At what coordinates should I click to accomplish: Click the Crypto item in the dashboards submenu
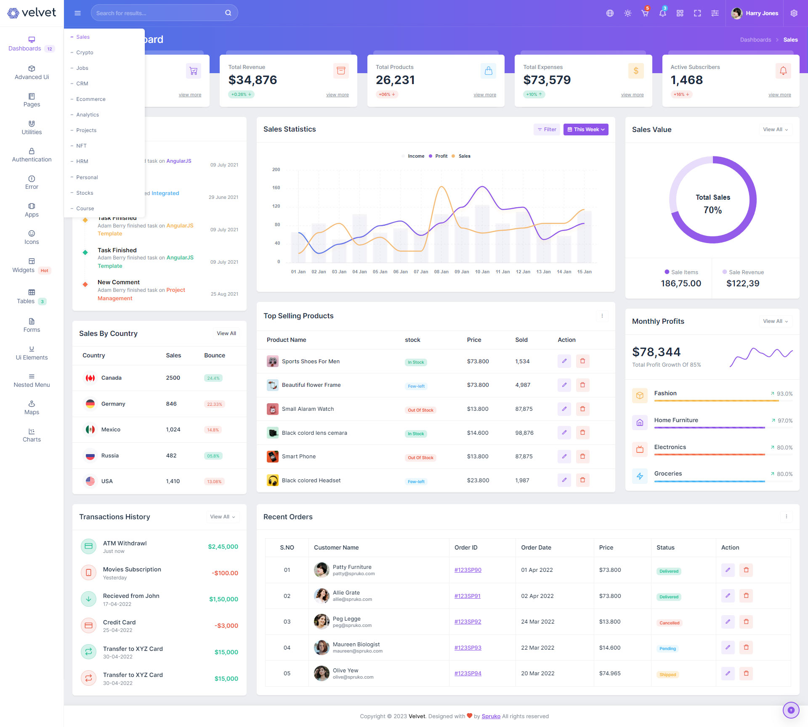pyautogui.click(x=85, y=53)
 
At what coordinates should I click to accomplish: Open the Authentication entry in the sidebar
pyautogui.click(x=32, y=155)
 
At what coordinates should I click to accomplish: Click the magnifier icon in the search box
pyautogui.click(x=228, y=13)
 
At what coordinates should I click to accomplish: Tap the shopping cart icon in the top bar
pyautogui.click(x=645, y=13)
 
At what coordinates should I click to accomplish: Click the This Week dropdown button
pyautogui.click(x=586, y=130)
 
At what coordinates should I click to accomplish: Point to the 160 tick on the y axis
pyautogui.click(x=276, y=188)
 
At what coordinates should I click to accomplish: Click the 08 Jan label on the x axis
pyautogui.click(x=441, y=272)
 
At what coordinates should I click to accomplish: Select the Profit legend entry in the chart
pyautogui.click(x=441, y=156)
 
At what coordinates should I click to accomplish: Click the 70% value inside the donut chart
pyautogui.click(x=712, y=210)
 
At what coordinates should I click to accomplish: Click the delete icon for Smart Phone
pyautogui.click(x=582, y=457)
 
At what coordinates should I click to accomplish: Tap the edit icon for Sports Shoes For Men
pyautogui.click(x=564, y=361)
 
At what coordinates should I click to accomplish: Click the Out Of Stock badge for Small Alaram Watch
pyautogui.click(x=420, y=410)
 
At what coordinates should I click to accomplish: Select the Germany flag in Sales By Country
pyautogui.click(x=90, y=404)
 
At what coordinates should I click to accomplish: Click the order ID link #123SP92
pyautogui.click(x=468, y=622)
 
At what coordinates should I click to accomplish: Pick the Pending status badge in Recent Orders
pyautogui.click(x=667, y=649)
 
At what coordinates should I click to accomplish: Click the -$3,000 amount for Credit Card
pyautogui.click(x=226, y=626)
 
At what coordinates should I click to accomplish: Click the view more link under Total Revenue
pyautogui.click(x=337, y=95)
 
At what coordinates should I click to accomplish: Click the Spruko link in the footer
pyautogui.click(x=491, y=716)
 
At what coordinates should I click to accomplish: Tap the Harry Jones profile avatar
pyautogui.click(x=736, y=13)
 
